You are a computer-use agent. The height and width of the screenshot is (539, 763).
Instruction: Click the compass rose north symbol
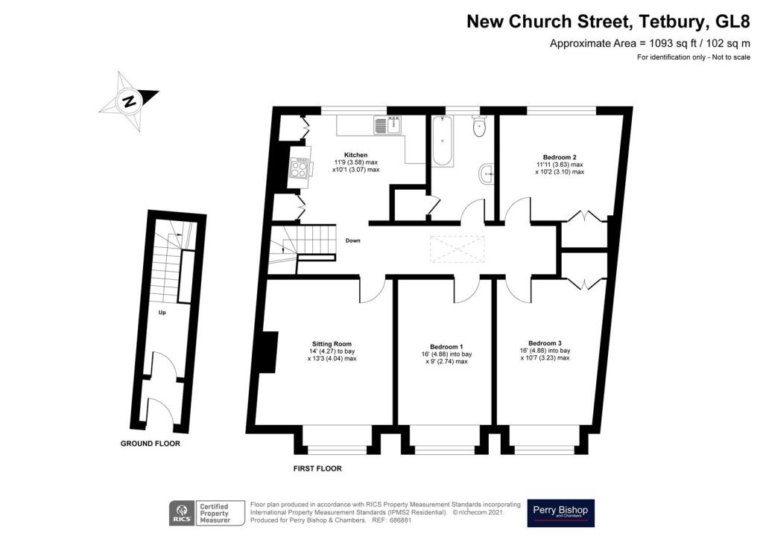(130, 101)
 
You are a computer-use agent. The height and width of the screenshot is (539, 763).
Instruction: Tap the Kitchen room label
(355, 155)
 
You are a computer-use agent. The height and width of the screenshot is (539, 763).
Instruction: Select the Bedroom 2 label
(560, 157)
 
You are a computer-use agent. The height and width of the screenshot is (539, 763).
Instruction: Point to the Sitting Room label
(332, 344)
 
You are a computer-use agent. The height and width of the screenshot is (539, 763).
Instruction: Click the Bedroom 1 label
(446, 346)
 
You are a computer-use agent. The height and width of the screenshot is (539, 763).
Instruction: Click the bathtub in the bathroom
(443, 141)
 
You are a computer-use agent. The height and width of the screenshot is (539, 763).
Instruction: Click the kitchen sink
(387, 125)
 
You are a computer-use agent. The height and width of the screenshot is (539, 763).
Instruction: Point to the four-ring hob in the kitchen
(298, 168)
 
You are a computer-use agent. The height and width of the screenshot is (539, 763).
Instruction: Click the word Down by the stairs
(352, 240)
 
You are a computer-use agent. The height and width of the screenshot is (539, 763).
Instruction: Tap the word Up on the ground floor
(162, 313)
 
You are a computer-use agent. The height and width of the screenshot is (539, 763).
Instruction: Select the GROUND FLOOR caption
(151, 443)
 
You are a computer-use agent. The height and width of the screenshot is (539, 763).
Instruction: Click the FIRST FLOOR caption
(317, 468)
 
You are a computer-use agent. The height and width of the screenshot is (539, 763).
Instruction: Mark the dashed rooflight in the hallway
(458, 249)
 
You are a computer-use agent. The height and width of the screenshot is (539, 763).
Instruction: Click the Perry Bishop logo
(560, 513)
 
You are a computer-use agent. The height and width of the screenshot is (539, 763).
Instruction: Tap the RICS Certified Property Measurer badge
(207, 513)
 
